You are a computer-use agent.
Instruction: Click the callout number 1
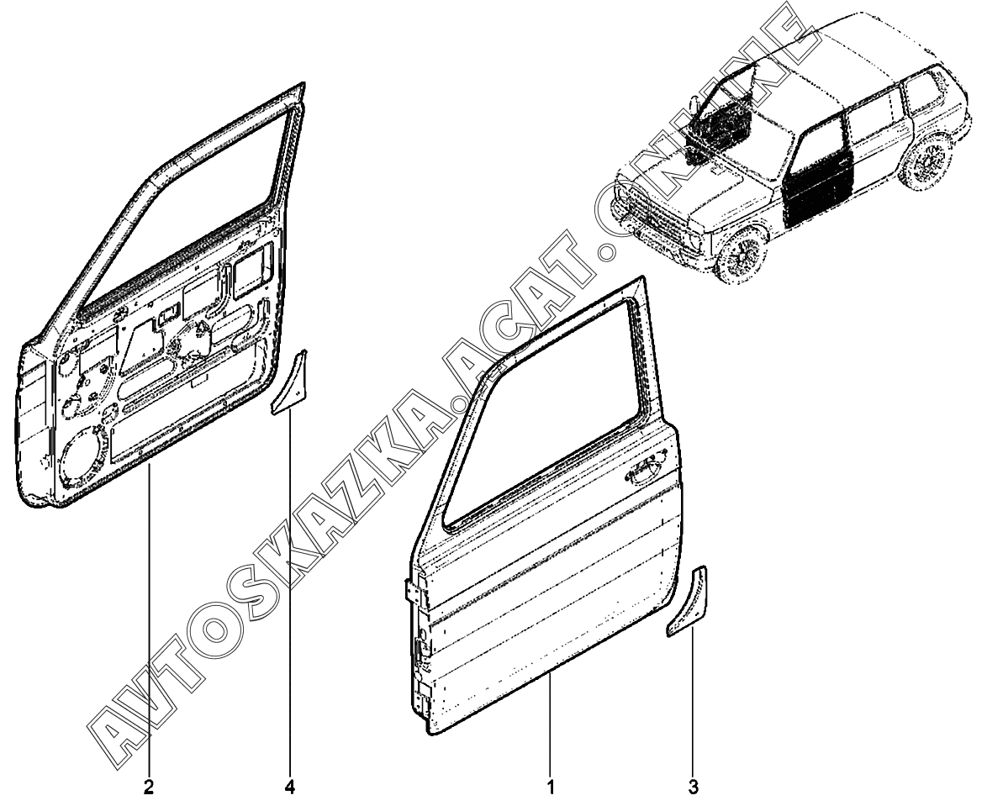[x=551, y=788]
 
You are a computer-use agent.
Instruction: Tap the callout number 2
[x=148, y=788]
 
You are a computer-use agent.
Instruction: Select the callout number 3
[x=693, y=788]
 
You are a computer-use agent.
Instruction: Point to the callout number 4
[x=290, y=788]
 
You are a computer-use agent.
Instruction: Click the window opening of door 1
[x=555, y=420]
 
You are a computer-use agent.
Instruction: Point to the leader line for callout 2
[x=148, y=630]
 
